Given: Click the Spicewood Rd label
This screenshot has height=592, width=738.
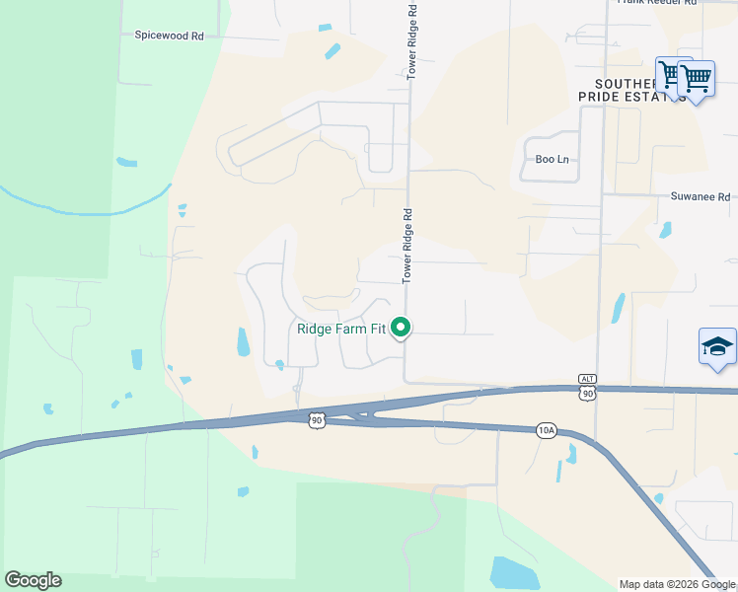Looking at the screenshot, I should (x=169, y=35).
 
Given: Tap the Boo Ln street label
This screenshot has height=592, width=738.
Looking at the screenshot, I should (x=553, y=159).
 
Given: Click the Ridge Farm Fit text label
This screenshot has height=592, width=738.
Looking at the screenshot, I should (x=340, y=329).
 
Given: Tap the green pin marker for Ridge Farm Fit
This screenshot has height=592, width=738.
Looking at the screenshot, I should (x=401, y=327).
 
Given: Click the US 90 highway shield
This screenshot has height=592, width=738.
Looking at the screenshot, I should (x=315, y=419).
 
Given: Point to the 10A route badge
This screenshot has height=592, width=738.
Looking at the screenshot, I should (x=547, y=430).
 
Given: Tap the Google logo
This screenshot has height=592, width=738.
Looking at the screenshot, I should (x=33, y=580).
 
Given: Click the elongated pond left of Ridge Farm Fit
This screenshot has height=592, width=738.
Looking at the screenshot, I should (x=243, y=341).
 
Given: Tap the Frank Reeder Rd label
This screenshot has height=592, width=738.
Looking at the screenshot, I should (x=657, y=2).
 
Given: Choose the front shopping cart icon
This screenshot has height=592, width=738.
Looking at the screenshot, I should (x=697, y=79).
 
